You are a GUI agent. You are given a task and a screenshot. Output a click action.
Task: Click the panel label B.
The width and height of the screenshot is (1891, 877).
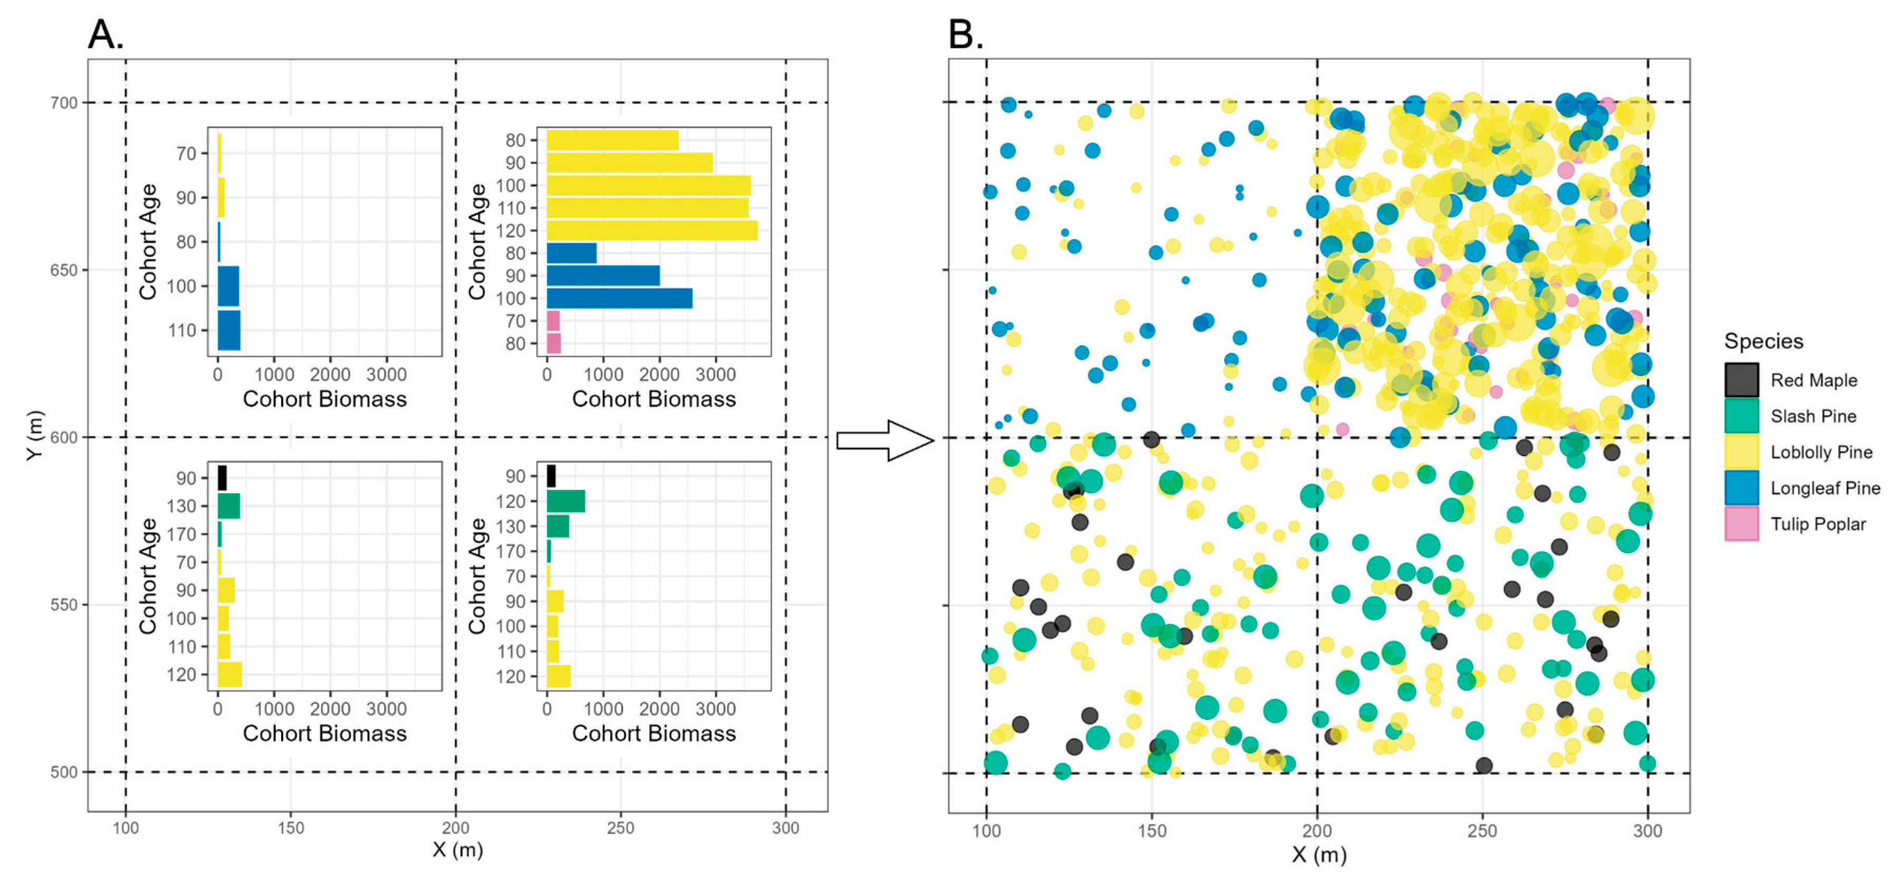click(965, 34)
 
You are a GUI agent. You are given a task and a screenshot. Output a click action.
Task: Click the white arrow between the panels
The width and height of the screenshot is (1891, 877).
click(885, 440)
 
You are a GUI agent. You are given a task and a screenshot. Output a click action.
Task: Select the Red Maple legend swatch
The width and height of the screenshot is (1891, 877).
click(1741, 380)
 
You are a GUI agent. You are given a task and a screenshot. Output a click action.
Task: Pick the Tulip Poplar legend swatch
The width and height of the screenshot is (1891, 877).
click(1741, 524)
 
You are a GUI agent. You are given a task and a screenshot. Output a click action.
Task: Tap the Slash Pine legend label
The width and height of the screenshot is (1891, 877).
click(1812, 416)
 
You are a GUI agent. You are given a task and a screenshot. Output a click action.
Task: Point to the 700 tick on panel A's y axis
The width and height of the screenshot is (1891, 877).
click(64, 103)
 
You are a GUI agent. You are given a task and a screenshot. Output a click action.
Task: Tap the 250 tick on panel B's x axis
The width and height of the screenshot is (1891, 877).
click(1482, 830)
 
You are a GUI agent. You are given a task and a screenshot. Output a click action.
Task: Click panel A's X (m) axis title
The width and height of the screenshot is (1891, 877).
click(457, 850)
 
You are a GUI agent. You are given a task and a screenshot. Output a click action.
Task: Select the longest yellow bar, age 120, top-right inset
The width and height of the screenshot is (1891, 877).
click(652, 230)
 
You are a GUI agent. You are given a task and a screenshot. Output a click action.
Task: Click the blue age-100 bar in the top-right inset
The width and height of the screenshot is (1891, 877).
click(619, 298)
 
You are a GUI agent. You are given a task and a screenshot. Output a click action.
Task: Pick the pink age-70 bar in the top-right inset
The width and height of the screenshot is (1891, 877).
click(553, 321)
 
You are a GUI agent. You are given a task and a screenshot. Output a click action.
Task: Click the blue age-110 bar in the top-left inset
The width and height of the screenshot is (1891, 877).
click(228, 330)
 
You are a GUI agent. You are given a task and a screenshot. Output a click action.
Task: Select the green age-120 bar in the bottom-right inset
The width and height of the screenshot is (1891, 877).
click(565, 501)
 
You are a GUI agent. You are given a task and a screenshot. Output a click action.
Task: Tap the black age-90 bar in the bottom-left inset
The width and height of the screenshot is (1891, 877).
click(222, 478)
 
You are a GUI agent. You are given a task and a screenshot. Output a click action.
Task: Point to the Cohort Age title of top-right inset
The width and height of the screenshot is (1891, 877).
click(477, 242)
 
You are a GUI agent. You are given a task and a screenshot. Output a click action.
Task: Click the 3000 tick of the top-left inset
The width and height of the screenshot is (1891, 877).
click(386, 375)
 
